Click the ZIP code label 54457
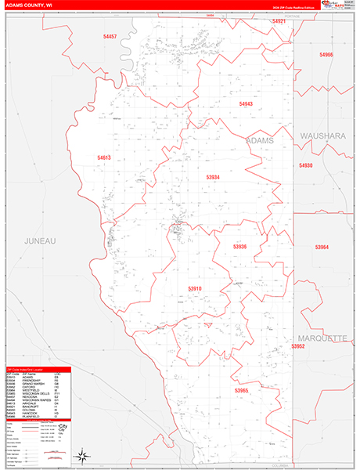click(x=109, y=37)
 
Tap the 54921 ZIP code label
click(x=279, y=21)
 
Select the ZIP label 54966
click(x=326, y=55)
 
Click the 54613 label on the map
click(x=104, y=157)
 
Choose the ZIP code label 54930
click(x=305, y=165)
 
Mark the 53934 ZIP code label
click(x=213, y=177)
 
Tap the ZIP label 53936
click(x=239, y=247)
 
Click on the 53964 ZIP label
click(x=322, y=247)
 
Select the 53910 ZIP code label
click(x=195, y=288)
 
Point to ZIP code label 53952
click(x=297, y=345)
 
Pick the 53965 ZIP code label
click(x=241, y=390)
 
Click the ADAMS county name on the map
click(x=260, y=139)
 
